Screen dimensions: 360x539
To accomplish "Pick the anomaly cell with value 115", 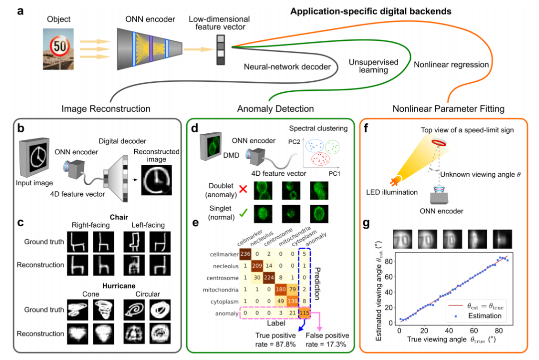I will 304,313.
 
